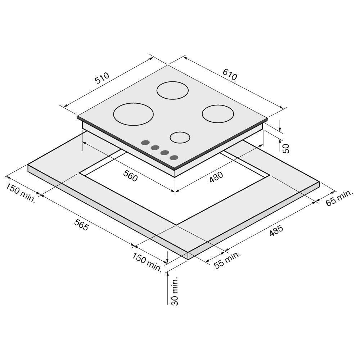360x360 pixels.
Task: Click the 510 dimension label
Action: click(102, 78)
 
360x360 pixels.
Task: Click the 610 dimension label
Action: click(230, 75)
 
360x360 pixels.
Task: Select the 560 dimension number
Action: click(130, 176)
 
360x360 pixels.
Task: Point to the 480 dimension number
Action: click(216, 177)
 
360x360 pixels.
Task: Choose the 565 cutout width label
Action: click(81, 225)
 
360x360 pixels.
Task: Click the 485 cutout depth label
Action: click(276, 231)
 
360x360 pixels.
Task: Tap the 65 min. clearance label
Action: click(339, 198)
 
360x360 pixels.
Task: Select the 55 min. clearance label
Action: click(227, 260)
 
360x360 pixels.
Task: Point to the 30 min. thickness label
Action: click(175, 291)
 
